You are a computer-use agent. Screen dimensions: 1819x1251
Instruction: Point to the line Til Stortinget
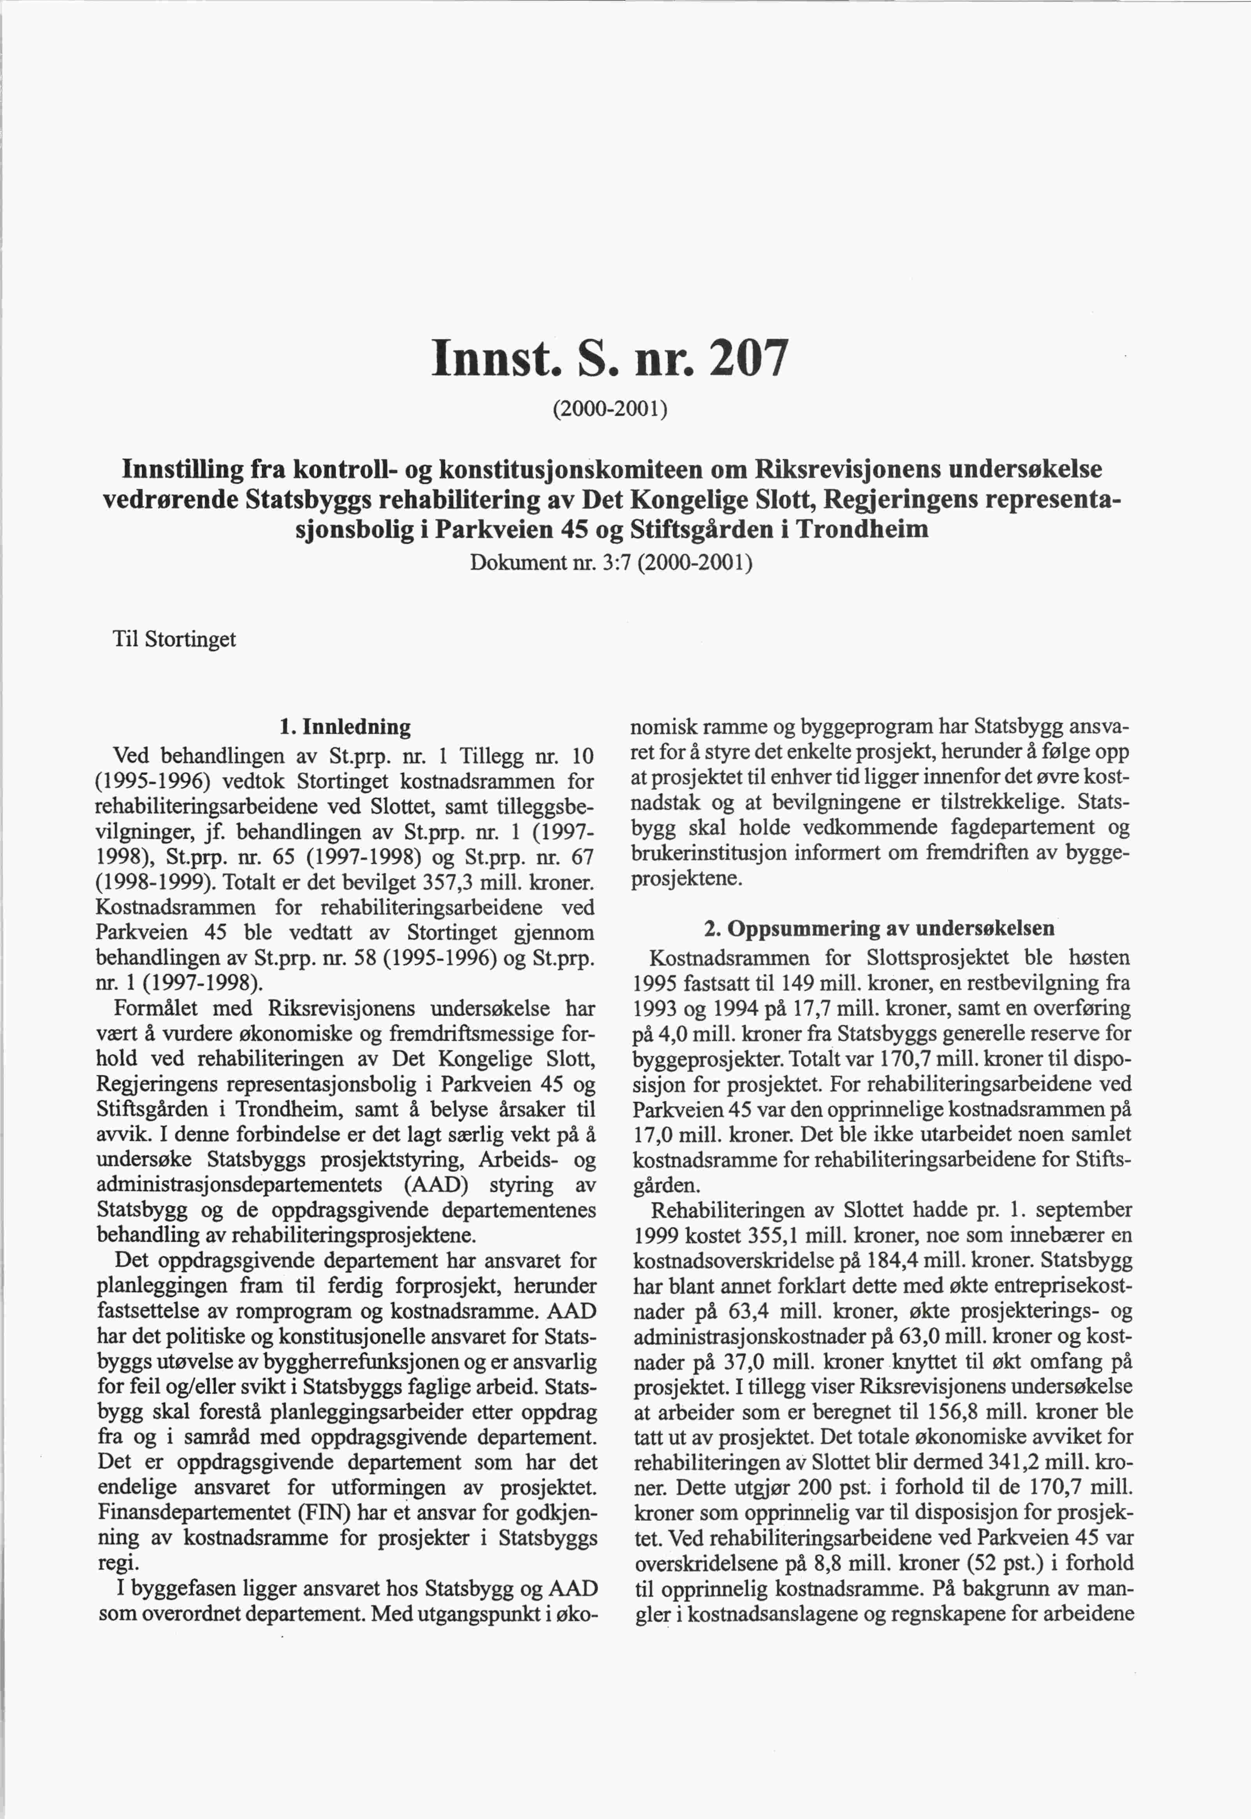click(174, 640)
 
